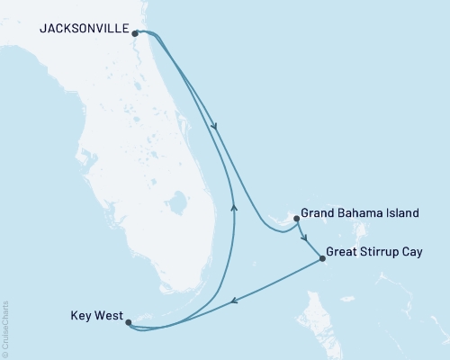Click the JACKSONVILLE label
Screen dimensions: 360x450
coord(83,29)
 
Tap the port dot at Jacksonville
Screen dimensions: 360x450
coord(135,34)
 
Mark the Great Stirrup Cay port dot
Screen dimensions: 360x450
coord(322,260)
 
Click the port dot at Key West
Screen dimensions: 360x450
coord(128,321)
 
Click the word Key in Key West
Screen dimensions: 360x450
coord(80,316)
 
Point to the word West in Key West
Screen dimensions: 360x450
coord(106,316)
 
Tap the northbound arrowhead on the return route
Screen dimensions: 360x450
coord(234,206)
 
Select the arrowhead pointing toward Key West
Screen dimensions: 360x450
coord(234,302)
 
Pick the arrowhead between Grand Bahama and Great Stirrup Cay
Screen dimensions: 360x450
coord(306,238)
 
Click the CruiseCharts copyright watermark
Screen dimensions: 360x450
coord(5,328)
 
